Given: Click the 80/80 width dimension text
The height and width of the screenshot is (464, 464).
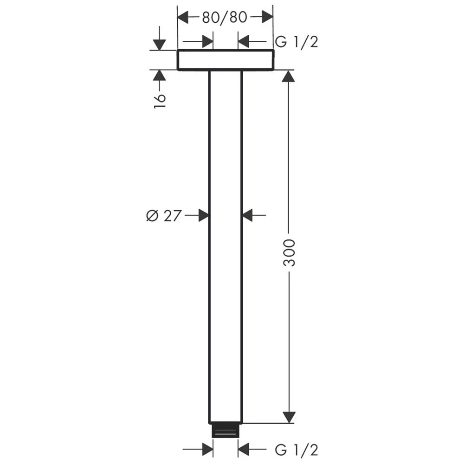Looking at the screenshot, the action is coord(225,18).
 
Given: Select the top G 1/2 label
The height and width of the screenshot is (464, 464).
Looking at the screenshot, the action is coord(296,42).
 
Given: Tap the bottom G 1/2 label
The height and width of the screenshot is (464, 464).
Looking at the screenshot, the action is coord(296,450).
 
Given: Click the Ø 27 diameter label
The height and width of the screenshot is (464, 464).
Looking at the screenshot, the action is coord(163,215).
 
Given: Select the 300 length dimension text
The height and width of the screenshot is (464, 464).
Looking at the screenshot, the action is coord(289,253).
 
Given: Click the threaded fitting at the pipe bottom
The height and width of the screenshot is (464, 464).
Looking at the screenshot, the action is coord(226,431).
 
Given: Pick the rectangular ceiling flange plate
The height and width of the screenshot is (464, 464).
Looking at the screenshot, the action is coord(226,60).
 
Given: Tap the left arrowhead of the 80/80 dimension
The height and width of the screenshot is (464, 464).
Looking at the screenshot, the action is coord(183,17).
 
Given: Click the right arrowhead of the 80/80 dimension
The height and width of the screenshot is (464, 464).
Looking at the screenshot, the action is coord(267,17).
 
